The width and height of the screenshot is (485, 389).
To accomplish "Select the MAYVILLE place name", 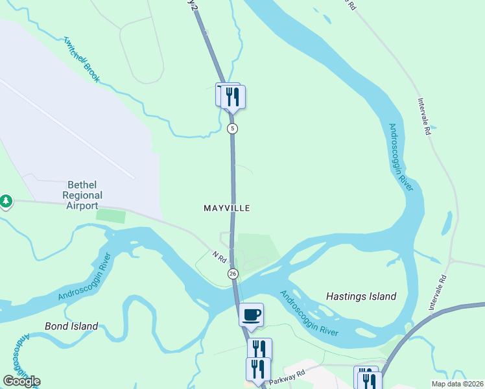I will (x=227, y=208).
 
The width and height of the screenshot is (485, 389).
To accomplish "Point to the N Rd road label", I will (x=219, y=257).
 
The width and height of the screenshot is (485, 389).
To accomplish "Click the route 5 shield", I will (x=233, y=128).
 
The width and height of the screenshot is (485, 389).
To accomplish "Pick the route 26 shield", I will (x=233, y=274).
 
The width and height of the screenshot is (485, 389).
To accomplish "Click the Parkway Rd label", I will (x=289, y=374).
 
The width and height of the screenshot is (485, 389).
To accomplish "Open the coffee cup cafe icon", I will (x=252, y=315).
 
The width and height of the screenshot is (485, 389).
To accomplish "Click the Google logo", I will (x=21, y=381).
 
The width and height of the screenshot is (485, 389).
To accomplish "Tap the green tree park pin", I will (x=6, y=202).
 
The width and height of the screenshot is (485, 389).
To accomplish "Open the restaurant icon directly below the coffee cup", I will (x=259, y=349).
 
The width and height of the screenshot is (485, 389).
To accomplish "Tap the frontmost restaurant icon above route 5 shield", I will (x=233, y=97).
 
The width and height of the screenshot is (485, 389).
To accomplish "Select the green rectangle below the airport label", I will (x=112, y=216).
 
